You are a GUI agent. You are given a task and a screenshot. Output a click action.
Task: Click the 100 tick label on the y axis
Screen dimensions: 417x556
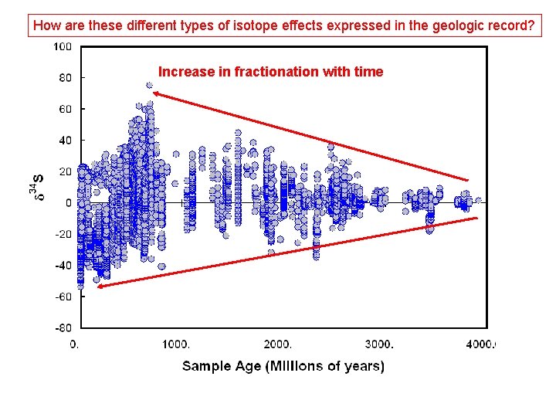(x=63, y=46)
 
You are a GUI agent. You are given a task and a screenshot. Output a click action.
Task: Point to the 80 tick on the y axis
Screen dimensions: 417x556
(x=65, y=78)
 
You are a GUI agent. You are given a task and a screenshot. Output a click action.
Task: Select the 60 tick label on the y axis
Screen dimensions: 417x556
(x=65, y=109)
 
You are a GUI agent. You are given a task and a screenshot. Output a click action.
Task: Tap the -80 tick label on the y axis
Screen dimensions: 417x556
(x=63, y=327)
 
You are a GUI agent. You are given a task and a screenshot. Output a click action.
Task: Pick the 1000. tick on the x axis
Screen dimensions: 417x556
(x=176, y=344)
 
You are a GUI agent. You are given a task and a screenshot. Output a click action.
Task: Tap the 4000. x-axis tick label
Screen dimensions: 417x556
(x=480, y=344)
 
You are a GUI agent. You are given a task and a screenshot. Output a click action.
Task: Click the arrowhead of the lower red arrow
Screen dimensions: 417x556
(x=98, y=286)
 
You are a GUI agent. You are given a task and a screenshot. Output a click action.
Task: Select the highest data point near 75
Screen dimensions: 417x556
(x=149, y=86)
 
